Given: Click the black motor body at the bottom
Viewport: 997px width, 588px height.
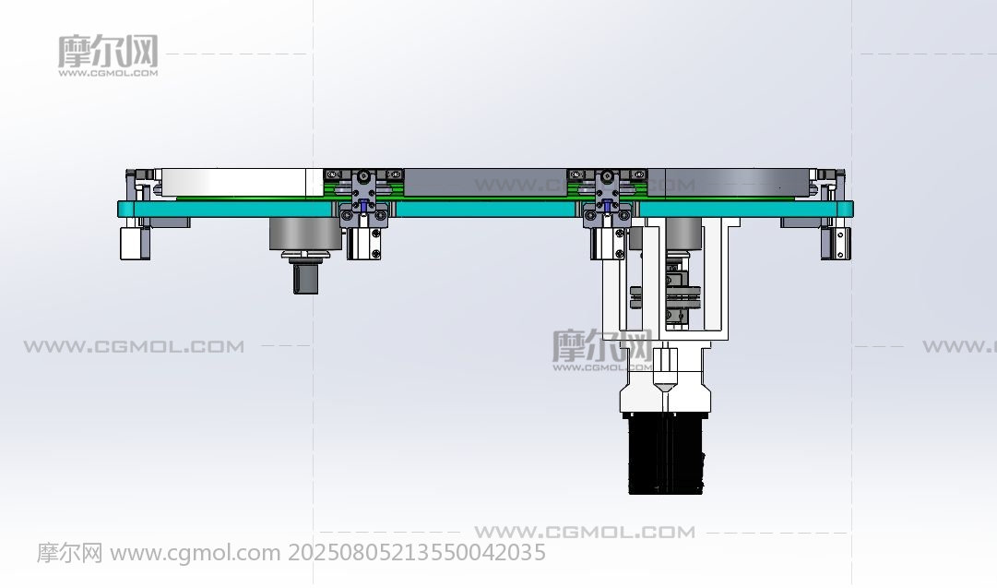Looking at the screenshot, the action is point(667,453).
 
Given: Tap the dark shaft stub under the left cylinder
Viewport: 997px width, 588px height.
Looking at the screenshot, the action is point(305,279).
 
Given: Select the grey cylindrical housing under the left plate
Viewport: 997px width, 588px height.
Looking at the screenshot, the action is point(304,234).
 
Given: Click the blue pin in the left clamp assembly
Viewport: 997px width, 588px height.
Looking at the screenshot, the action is point(362,205).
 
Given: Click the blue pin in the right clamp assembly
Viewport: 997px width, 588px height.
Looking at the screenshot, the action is point(607,205).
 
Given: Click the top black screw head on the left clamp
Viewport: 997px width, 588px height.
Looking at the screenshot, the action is point(363,175).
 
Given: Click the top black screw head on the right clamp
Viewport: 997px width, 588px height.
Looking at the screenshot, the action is point(607,175).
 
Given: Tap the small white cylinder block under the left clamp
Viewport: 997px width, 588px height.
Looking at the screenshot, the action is point(363,244).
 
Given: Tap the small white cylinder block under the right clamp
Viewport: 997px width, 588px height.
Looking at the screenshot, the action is point(607,244).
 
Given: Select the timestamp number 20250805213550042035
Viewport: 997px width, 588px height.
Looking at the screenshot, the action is point(417,552).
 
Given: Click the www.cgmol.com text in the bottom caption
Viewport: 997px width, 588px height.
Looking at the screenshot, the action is point(196,553).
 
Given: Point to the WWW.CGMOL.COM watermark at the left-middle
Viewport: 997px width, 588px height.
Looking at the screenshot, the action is point(134,347).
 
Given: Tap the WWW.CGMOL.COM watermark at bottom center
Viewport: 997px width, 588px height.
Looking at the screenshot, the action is point(585,532).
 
